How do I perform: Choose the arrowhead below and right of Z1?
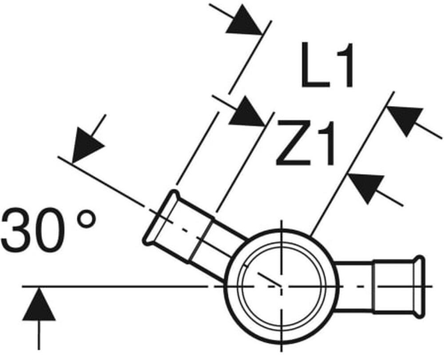366,186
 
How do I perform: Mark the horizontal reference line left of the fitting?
111,287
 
